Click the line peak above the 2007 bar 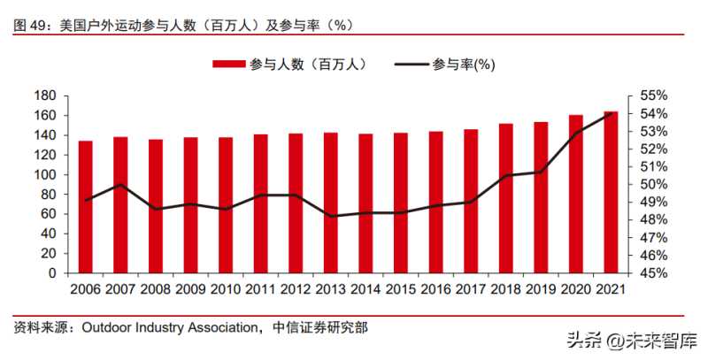[x=120, y=184]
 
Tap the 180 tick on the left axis [x=45, y=96]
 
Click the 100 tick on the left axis [x=45, y=174]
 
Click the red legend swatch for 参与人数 [x=228, y=64]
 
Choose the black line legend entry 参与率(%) [x=442, y=64]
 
